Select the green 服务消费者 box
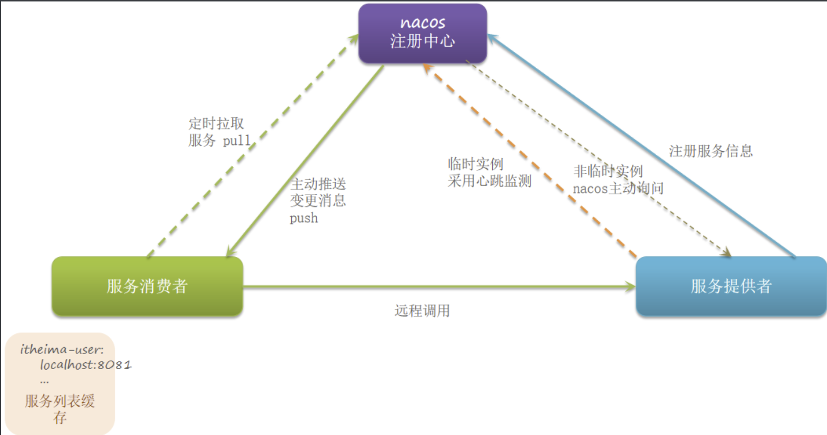coord(147,286)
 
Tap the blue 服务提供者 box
coord(730,286)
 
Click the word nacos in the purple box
coord(423,22)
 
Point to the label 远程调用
coord(422,311)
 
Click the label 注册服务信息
coord(710,151)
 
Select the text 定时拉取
coord(216,124)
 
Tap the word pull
coord(237,141)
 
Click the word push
coord(303,218)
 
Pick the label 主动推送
coord(318,184)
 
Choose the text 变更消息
coord(318,201)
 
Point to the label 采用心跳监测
coord(489,181)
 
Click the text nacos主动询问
coord(618,188)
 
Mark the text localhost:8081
coord(85,365)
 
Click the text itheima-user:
coord(61,349)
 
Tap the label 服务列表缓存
coord(60,409)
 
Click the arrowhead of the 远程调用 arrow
coord(630,287)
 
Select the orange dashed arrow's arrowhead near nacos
coord(428,69)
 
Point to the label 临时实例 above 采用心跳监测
coord(475,164)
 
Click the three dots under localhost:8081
coord(44,381)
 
